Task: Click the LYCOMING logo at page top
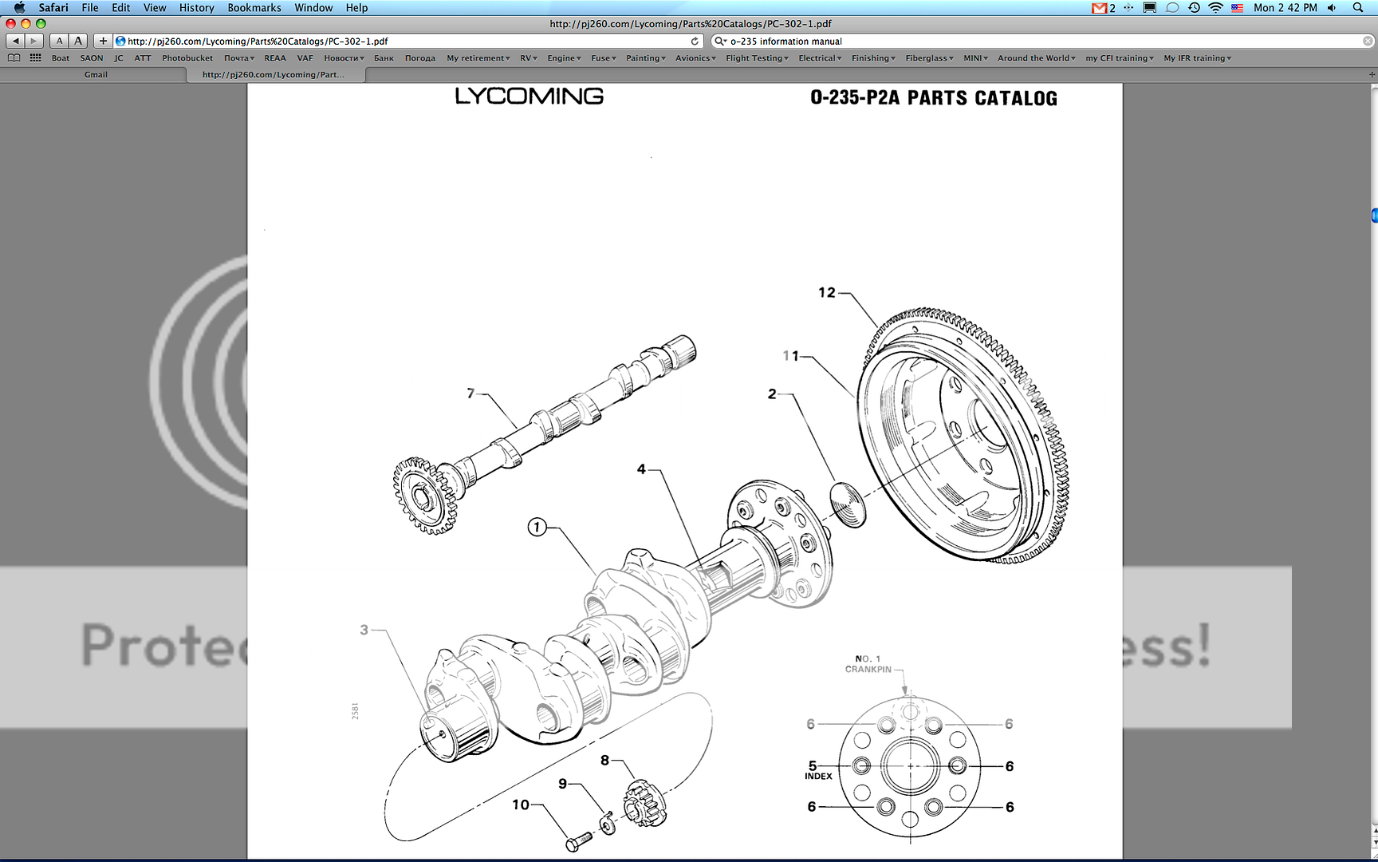coord(529,97)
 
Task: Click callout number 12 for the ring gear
coord(826,293)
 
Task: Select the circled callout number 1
coord(537,527)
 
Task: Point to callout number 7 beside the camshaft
coord(470,393)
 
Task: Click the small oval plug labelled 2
coord(848,504)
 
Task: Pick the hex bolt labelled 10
coord(578,841)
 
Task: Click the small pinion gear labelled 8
coord(644,805)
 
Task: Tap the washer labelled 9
coord(608,823)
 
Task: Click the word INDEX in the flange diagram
coord(818,777)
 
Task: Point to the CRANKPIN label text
coord(868,670)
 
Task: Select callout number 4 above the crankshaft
coord(641,469)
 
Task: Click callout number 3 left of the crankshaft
coord(364,630)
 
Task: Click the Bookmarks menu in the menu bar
coord(254,8)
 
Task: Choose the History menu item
coord(196,8)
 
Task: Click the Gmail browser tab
coord(96,75)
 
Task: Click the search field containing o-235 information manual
coord(1037,42)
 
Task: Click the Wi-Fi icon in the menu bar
coord(1215,8)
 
